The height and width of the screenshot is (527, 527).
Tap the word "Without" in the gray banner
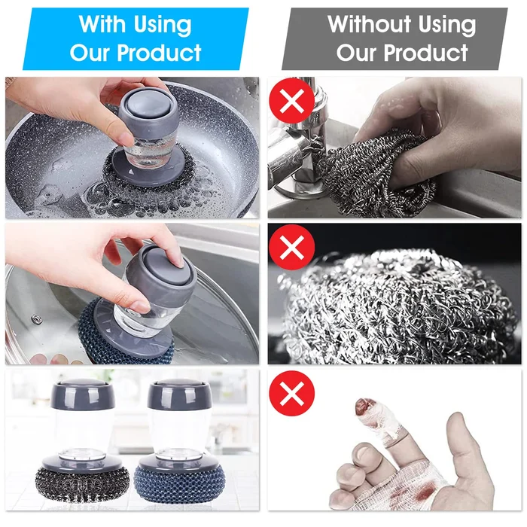pos(370,24)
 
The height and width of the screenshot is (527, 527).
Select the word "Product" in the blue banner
pos(159,53)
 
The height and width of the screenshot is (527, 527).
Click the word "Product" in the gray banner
pos(425,53)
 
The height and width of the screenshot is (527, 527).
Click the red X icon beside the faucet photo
pos(292,100)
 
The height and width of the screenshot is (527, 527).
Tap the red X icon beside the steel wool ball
pos(292,247)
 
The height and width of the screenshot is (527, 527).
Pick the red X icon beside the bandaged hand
pos(292,393)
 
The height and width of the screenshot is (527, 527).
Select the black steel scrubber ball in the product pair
pos(82,483)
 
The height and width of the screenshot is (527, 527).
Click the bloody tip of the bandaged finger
pos(364,407)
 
